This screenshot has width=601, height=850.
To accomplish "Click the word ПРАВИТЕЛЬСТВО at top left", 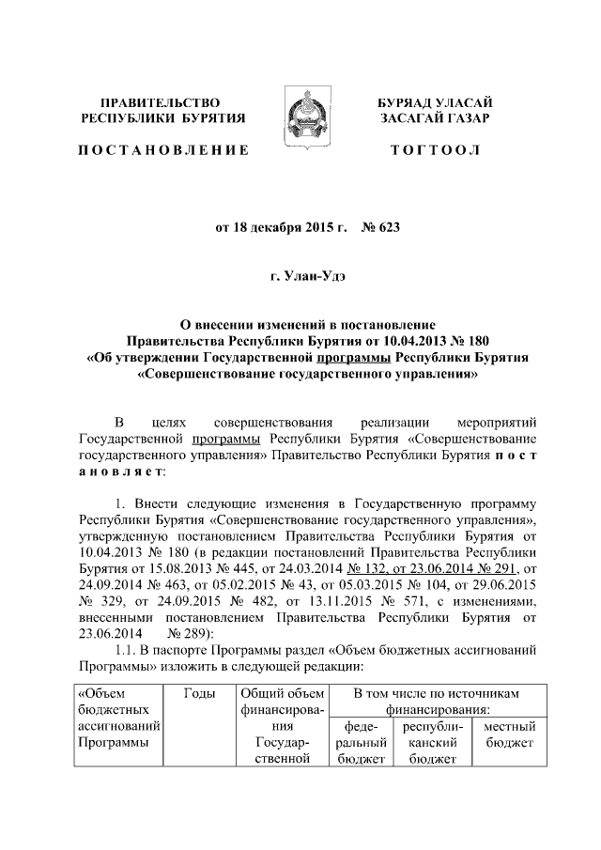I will [162, 100].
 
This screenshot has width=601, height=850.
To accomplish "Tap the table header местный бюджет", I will [510, 734].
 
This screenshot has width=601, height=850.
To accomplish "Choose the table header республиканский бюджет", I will [430, 742].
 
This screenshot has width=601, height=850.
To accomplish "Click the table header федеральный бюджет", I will [361, 742].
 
